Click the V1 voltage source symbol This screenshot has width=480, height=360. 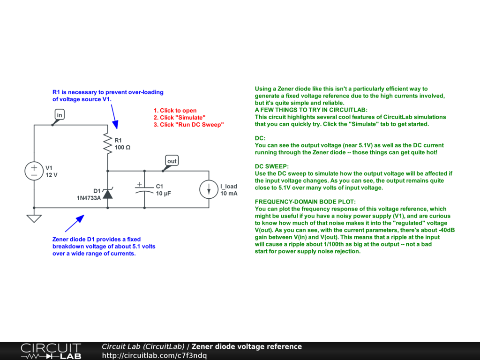(x=34, y=171)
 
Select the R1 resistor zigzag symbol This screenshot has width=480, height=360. (x=108, y=143)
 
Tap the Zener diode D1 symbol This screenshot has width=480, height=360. (x=108, y=194)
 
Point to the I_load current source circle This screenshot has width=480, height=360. (x=209, y=189)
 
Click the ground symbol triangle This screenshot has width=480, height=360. (x=34, y=218)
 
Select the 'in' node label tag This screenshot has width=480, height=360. (x=60, y=115)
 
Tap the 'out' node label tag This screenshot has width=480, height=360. (x=172, y=161)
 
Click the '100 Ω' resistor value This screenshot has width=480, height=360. (x=122, y=148)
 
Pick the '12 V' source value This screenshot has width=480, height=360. (x=52, y=175)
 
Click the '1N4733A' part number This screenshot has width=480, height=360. (x=89, y=198)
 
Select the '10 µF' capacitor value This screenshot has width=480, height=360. (x=164, y=194)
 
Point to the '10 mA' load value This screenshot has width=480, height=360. (x=229, y=194)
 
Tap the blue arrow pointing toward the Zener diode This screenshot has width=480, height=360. (x=75, y=223)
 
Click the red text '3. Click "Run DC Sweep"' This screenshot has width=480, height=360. (x=188, y=125)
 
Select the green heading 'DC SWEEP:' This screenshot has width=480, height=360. (x=272, y=166)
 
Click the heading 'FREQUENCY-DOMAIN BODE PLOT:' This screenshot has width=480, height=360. (x=305, y=202)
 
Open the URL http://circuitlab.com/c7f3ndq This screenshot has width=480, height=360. (x=154, y=355)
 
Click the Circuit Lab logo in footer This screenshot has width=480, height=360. (x=51, y=351)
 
